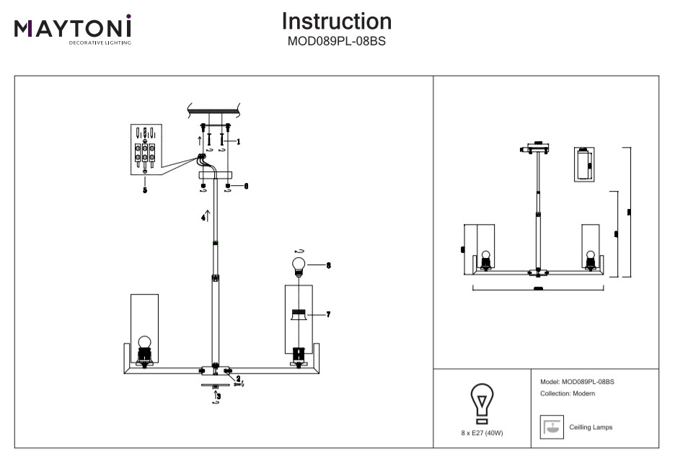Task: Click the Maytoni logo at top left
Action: (x=72, y=29)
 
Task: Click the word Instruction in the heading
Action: (x=337, y=21)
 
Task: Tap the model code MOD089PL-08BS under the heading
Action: (x=337, y=41)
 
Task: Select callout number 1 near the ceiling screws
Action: (x=238, y=143)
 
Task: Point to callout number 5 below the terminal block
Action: (x=145, y=190)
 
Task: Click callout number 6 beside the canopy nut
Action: (x=245, y=186)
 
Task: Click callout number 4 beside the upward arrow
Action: (x=203, y=217)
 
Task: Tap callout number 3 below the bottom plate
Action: (x=219, y=395)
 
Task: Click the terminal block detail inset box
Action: (x=146, y=149)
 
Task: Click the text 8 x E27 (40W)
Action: (x=481, y=432)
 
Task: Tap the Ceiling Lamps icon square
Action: (x=552, y=427)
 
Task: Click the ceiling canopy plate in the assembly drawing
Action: (x=213, y=175)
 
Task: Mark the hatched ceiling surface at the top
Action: (x=214, y=110)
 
